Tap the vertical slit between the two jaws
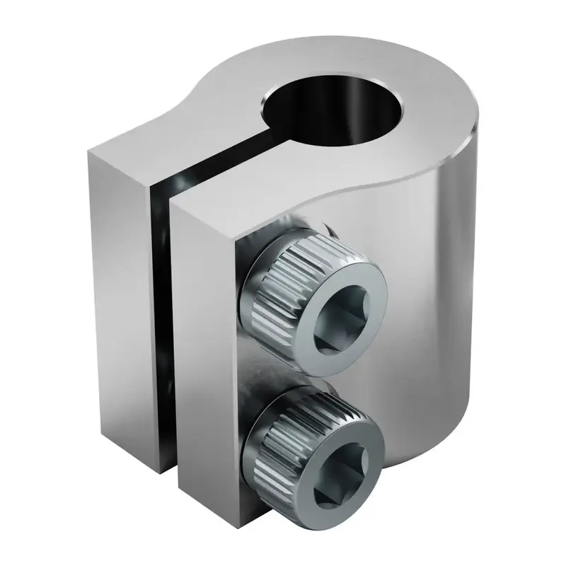pyautogui.click(x=161, y=318)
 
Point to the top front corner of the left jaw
pyautogui.click(x=90, y=151)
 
